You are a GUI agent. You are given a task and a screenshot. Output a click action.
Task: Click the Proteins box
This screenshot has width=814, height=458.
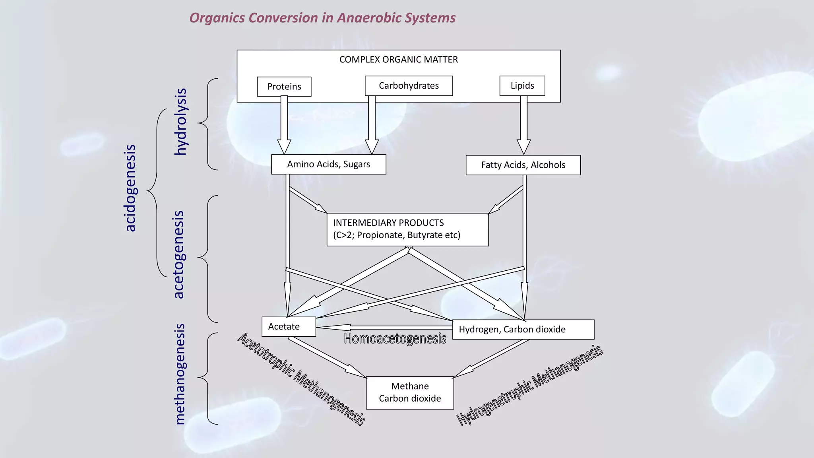tap(284, 87)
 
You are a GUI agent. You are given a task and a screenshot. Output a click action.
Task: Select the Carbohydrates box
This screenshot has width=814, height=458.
tap(409, 86)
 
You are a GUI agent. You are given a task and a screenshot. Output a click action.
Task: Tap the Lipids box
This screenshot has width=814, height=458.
tap(522, 86)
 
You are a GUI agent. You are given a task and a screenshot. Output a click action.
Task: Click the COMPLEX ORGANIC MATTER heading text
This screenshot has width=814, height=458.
tap(398, 60)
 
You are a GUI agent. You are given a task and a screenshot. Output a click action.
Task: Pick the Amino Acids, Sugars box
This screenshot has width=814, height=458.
tap(328, 165)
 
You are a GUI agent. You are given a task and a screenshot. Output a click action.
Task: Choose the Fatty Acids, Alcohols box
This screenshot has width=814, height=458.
tap(523, 165)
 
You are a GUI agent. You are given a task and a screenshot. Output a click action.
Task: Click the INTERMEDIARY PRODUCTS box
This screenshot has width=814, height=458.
tap(407, 229)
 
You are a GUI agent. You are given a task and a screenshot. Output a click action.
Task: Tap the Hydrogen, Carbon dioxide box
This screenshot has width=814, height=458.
tap(523, 330)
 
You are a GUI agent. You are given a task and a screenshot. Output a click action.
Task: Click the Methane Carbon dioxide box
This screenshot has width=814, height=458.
tap(410, 392)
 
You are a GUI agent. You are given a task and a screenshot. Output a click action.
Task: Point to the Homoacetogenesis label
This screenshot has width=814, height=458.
tap(395, 339)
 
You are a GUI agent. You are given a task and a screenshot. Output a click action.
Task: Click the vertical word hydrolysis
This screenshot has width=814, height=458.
tap(181, 122)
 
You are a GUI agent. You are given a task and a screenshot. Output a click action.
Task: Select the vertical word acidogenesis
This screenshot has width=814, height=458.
tap(130, 188)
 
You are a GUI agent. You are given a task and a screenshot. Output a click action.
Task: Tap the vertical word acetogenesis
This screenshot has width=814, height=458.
tap(179, 254)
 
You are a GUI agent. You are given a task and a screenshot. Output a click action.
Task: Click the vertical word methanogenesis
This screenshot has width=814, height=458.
tap(180, 374)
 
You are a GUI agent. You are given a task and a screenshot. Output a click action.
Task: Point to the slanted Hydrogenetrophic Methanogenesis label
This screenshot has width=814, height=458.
tap(529, 385)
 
